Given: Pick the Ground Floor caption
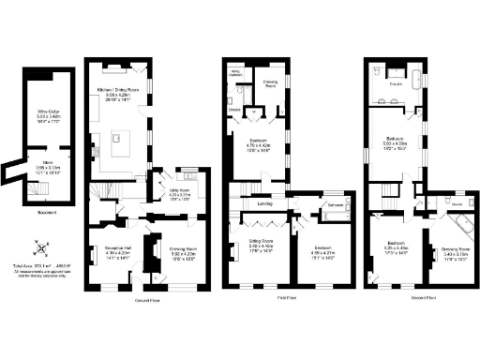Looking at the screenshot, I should coord(145,301).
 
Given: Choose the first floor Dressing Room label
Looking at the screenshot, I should coord(271,83).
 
